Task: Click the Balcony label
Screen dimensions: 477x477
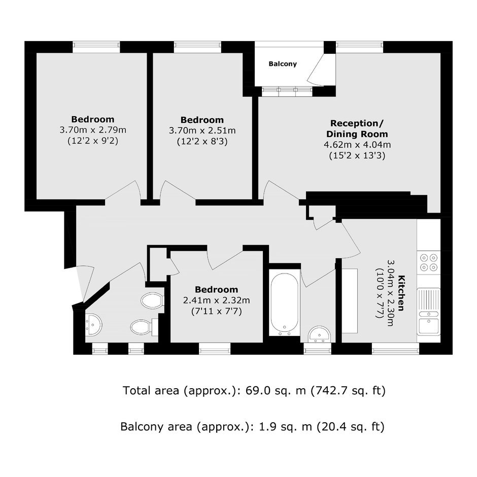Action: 282,64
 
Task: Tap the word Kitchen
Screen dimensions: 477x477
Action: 401,293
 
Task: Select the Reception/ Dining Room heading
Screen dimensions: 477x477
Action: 357,129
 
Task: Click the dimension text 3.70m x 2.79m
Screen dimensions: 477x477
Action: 93,130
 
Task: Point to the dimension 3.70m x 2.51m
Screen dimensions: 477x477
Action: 202,131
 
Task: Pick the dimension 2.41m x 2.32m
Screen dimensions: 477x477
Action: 216,300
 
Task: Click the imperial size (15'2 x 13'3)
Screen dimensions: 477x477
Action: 357,156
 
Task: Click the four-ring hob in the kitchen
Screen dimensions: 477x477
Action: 428,262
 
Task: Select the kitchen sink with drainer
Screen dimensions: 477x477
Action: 428,311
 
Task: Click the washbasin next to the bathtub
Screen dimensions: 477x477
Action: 319,334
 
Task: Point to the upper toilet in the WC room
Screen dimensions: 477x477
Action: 153,300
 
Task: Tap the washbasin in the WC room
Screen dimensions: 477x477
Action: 93,325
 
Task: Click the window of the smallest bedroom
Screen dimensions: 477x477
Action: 215,351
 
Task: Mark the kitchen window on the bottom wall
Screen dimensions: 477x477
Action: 395,351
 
